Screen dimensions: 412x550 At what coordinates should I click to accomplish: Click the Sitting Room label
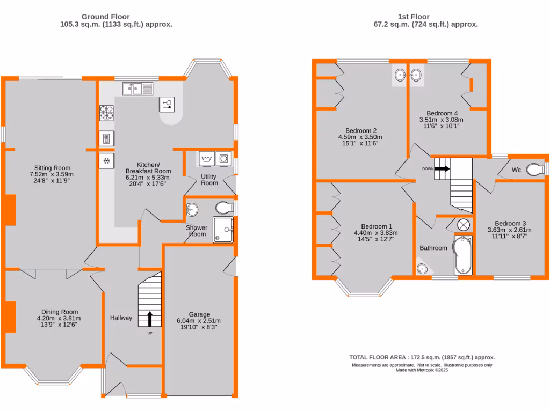53,168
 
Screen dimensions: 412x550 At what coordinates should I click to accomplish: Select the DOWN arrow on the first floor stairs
441,168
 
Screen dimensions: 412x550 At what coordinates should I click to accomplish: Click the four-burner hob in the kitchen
106,112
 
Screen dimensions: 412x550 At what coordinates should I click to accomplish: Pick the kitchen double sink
137,89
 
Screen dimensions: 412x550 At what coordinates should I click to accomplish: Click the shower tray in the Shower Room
223,230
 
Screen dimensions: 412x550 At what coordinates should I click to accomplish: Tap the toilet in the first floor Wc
534,170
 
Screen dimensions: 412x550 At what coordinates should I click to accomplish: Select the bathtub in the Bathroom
462,255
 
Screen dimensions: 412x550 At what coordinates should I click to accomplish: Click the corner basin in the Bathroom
423,268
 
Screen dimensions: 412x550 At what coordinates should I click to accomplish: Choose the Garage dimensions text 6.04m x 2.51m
199,321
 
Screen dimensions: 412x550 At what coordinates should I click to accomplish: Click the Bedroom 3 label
510,223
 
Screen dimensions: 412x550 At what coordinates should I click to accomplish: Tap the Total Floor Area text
422,357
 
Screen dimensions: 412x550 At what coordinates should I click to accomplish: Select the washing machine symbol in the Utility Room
222,159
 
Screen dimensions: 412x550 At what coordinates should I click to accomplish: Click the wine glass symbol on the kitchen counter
167,104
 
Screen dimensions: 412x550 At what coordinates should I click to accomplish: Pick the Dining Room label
60,312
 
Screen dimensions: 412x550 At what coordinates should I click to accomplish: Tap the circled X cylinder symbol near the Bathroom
464,225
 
